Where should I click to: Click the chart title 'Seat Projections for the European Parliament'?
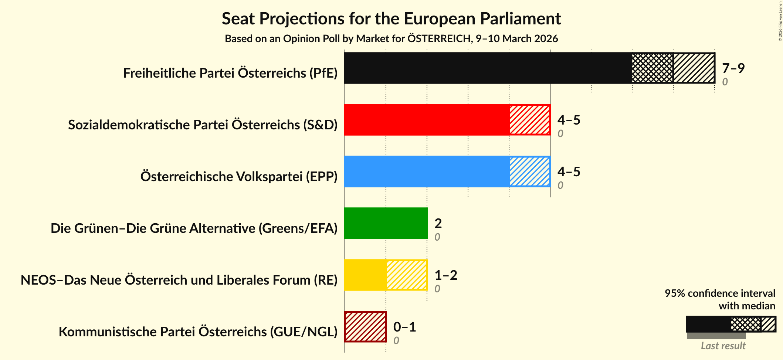391,19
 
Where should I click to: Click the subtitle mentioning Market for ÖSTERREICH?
391,39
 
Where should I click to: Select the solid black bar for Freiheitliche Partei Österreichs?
487,68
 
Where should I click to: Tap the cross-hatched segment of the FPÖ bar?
652,68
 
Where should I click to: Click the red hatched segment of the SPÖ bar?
529,120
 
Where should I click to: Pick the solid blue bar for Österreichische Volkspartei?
427,171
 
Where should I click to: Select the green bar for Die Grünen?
386,223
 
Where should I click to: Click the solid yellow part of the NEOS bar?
365,275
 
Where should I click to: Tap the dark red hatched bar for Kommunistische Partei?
365,327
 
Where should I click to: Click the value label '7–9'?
733,68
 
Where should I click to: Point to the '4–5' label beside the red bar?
569,120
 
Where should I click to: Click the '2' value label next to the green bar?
438,223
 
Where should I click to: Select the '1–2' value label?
445,275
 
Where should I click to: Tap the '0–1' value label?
404,327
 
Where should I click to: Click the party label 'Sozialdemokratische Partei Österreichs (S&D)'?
203,125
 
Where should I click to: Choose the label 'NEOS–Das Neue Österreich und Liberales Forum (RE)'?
179,280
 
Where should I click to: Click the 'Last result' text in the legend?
723,346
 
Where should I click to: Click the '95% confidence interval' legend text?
719,293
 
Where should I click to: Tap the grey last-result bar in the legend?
716,336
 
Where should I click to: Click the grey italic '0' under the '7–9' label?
725,82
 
